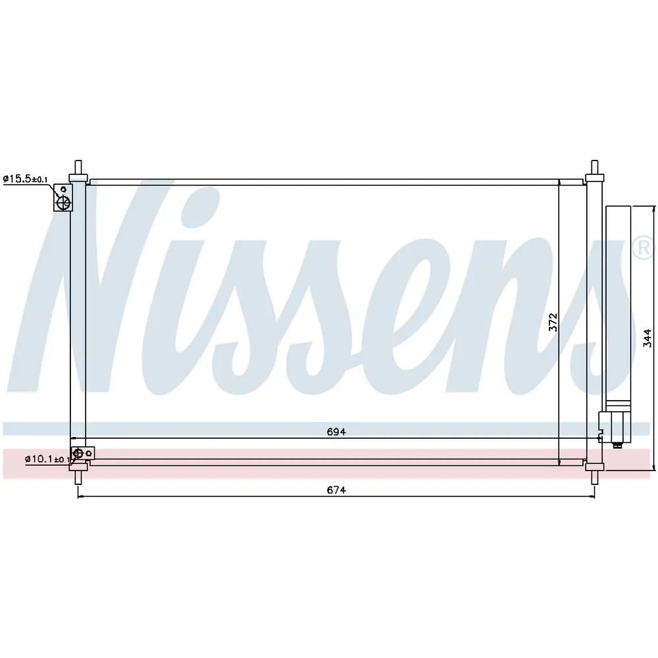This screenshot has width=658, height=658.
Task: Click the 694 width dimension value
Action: click(336, 432)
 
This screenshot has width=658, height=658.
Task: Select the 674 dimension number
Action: click(336, 490)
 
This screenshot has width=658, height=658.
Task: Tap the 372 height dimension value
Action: click(553, 322)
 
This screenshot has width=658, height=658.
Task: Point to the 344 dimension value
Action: click(647, 338)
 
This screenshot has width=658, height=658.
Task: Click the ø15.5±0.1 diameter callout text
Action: click(25, 179)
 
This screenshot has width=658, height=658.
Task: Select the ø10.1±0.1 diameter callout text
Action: click(47, 459)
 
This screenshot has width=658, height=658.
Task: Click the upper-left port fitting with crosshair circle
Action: click(63, 197)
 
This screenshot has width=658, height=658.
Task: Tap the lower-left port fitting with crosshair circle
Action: click(83, 453)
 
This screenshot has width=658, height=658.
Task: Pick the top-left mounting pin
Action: click(78, 167)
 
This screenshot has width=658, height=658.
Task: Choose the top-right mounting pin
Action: click(594, 167)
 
